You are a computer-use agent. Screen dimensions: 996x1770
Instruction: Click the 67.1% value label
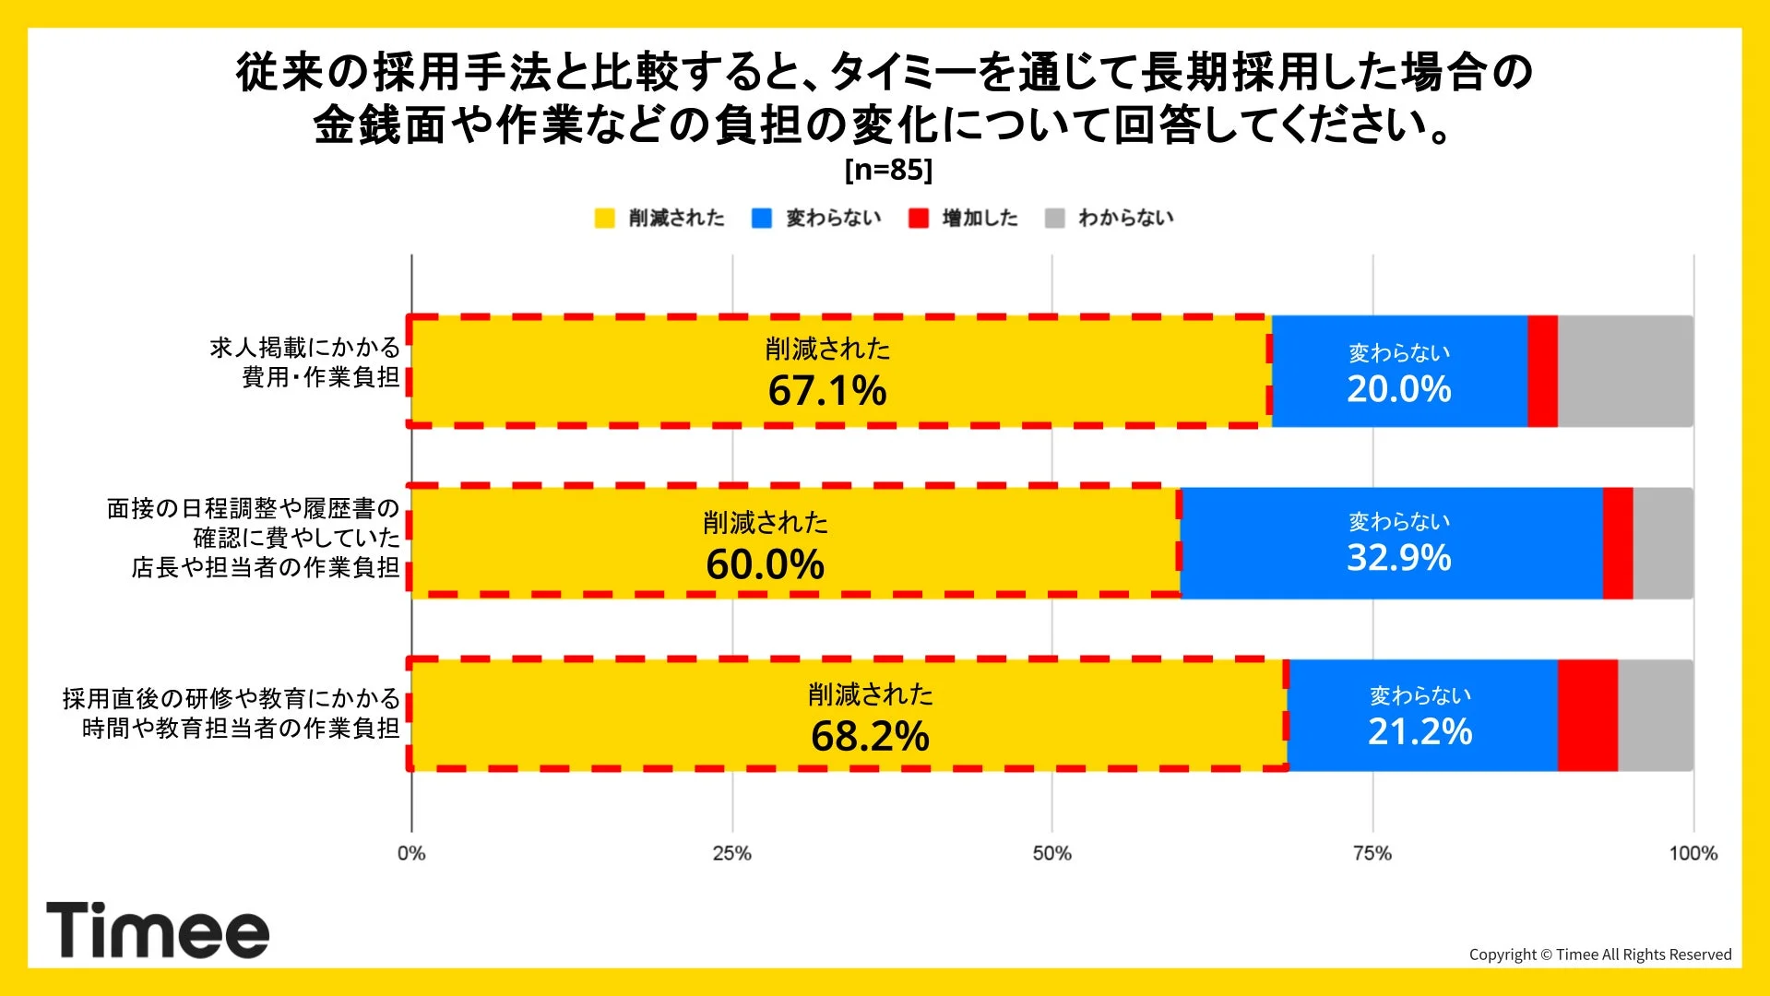pyautogui.click(x=827, y=390)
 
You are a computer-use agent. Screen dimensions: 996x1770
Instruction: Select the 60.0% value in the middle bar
pyautogui.click(x=765, y=564)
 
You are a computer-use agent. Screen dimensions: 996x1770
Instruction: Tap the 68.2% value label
pyautogui.click(x=870, y=736)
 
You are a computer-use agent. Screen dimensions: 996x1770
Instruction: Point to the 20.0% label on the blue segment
pyautogui.click(x=1398, y=389)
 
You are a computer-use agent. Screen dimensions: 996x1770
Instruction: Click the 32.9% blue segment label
pyautogui.click(x=1398, y=558)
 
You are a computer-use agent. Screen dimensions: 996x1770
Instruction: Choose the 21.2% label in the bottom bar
pyautogui.click(x=1420, y=731)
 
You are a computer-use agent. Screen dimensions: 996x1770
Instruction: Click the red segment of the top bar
pyautogui.click(x=1542, y=372)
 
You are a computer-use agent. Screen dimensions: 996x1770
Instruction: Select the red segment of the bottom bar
pyautogui.click(x=1587, y=716)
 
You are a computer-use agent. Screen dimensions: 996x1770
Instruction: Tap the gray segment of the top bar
pyautogui.click(x=1625, y=372)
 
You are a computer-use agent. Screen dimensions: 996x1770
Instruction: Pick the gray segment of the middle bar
pyautogui.click(x=1663, y=543)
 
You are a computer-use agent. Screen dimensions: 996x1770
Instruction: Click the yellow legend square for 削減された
pyautogui.click(x=604, y=219)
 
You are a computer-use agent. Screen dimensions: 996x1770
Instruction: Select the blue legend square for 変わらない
pyautogui.click(x=762, y=219)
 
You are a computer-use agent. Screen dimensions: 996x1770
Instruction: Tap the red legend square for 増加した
pyautogui.click(x=919, y=219)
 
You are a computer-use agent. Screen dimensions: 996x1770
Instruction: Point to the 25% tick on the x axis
pyautogui.click(x=731, y=853)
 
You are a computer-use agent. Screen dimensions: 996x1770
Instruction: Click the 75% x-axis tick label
pyautogui.click(x=1372, y=853)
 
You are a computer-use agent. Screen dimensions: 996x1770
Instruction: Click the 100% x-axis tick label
pyautogui.click(x=1693, y=853)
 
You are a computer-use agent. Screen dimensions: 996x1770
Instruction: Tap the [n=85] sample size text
pyautogui.click(x=888, y=170)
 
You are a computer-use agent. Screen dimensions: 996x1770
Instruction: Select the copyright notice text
pyautogui.click(x=1599, y=954)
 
